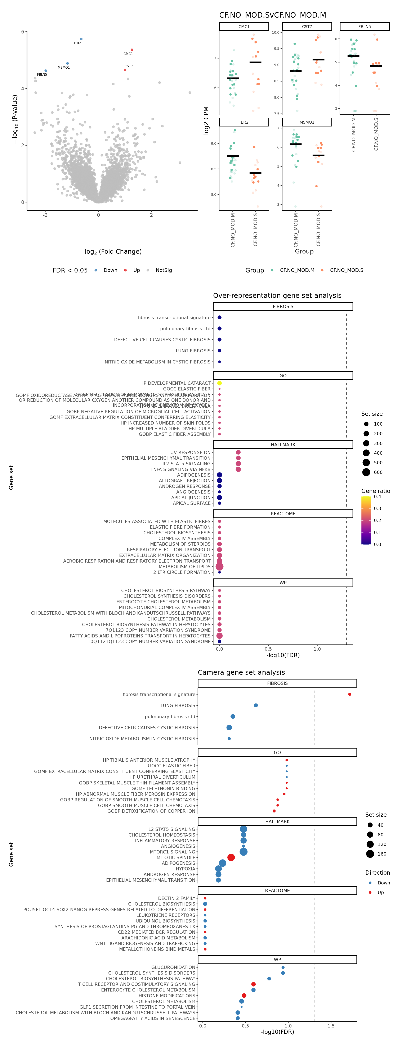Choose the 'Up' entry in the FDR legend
(x=136, y=270)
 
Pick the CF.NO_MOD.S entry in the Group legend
(x=347, y=270)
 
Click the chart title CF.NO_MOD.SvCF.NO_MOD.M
(x=273, y=15)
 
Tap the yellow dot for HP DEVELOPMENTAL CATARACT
(x=219, y=383)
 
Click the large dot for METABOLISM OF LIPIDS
(x=219, y=567)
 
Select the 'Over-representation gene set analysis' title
(x=277, y=296)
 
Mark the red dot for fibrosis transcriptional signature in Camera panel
(x=350, y=694)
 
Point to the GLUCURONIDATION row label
(x=173, y=967)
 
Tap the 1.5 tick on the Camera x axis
(x=331, y=1026)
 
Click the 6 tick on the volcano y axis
(x=23, y=32)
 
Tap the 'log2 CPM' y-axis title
(x=206, y=120)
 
